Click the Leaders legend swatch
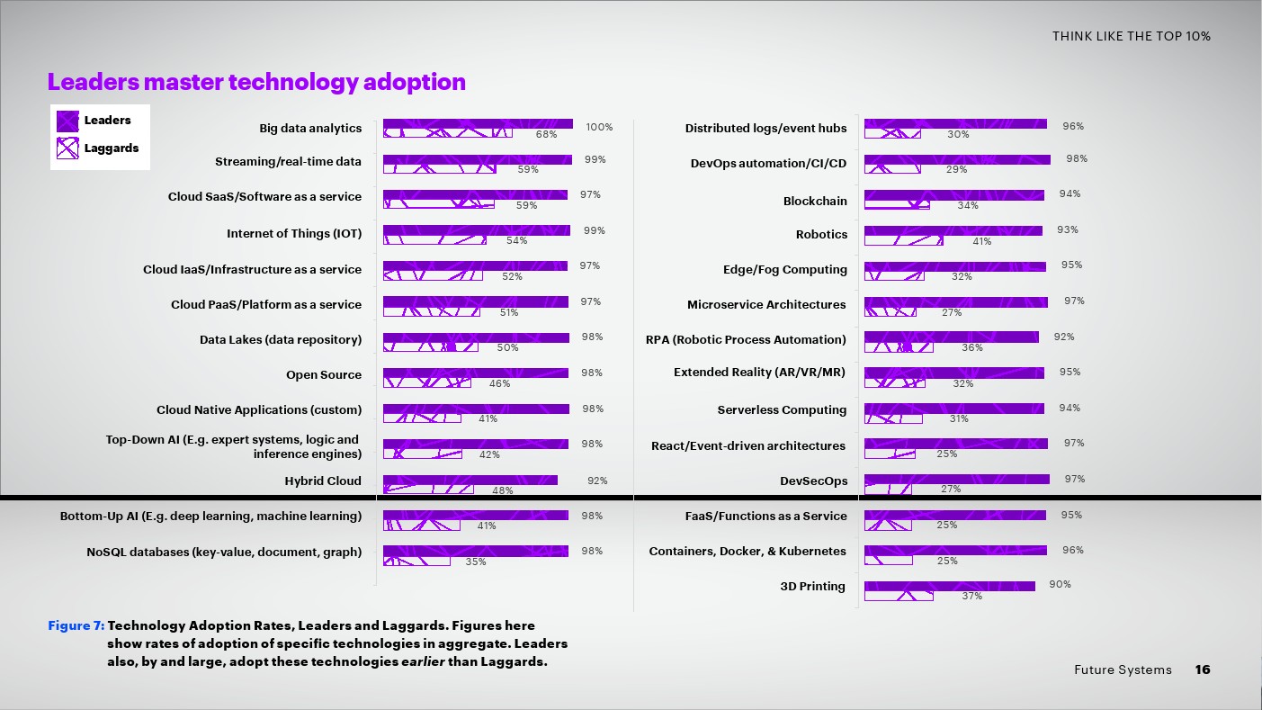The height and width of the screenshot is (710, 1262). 68,121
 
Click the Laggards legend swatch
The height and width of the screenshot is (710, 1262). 68,148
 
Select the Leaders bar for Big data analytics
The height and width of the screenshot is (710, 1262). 478,124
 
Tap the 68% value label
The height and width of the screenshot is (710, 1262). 546,134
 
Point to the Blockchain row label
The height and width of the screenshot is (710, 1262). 815,202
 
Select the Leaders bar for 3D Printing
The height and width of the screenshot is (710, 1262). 949,586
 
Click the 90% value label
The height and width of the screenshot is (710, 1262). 1060,585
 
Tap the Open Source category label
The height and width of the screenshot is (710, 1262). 324,375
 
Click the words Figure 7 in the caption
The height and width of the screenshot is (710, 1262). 76,625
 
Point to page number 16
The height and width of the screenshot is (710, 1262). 1203,670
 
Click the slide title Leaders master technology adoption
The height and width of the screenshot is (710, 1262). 256,83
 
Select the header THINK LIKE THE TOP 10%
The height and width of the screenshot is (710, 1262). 1132,36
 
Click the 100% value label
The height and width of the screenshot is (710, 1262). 599,128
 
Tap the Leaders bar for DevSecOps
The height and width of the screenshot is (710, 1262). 956,479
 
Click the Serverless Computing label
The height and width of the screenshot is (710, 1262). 782,410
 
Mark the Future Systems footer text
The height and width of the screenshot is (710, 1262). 1123,670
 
